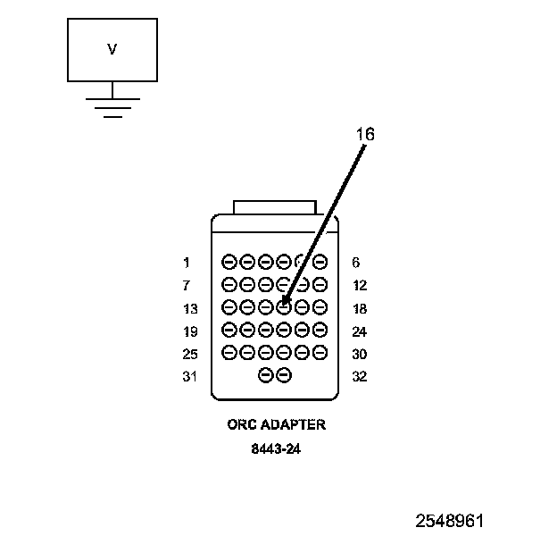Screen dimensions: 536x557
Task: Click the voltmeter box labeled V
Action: [112, 50]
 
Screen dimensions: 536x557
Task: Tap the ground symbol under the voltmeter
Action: [112, 105]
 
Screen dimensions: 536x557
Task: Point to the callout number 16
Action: [364, 134]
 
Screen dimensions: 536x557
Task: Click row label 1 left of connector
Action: [187, 263]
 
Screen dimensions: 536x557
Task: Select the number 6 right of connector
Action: [356, 263]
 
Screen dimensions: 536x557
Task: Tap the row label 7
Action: [187, 286]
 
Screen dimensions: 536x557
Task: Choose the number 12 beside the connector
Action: [360, 286]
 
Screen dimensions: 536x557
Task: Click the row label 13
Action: [189, 308]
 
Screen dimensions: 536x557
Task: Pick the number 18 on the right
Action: [360, 308]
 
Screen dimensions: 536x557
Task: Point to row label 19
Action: [189, 331]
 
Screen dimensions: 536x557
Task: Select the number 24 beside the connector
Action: [360, 331]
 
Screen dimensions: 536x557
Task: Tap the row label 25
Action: [189, 354]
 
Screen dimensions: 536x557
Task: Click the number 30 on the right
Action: [360, 354]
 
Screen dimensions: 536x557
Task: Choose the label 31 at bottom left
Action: [189, 376]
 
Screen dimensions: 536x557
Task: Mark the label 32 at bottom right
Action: [360, 376]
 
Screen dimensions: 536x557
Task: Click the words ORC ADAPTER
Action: [276, 424]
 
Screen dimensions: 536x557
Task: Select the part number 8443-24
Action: [276, 449]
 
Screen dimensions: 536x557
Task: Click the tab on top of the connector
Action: [274, 207]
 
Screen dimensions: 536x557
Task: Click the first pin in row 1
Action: [229, 263]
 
